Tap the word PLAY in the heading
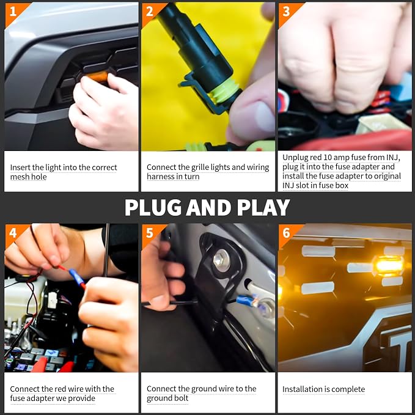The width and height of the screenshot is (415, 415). tap(263, 207)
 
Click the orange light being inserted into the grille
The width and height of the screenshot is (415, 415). tap(98, 76)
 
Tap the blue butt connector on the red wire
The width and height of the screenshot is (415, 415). tap(77, 277)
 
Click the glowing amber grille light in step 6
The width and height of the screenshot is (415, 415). tap(387, 266)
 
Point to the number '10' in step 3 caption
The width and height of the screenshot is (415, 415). tap(328, 158)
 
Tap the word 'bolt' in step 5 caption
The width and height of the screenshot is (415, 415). tap(182, 398)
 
